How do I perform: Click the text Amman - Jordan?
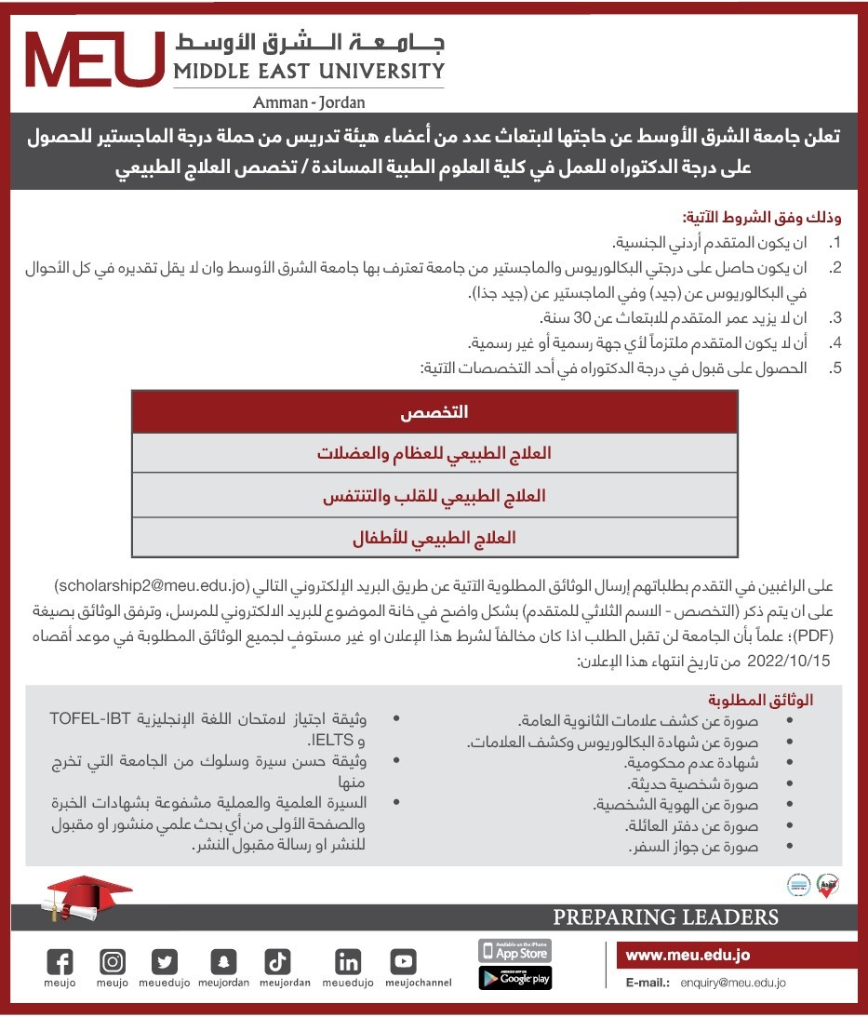point(309,102)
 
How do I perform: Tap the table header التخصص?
point(434,412)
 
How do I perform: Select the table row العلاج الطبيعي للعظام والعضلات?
point(434,454)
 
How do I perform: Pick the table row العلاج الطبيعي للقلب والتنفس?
point(434,496)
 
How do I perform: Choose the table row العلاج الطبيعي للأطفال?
point(434,538)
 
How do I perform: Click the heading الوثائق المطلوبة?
point(762,700)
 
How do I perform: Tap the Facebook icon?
point(60,962)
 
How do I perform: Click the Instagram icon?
point(113,962)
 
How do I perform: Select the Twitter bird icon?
point(166,962)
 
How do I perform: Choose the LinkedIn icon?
point(348,962)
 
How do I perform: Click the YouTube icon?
point(403,962)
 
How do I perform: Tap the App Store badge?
point(514,951)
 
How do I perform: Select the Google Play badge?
point(514,978)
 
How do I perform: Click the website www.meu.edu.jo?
point(688,956)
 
